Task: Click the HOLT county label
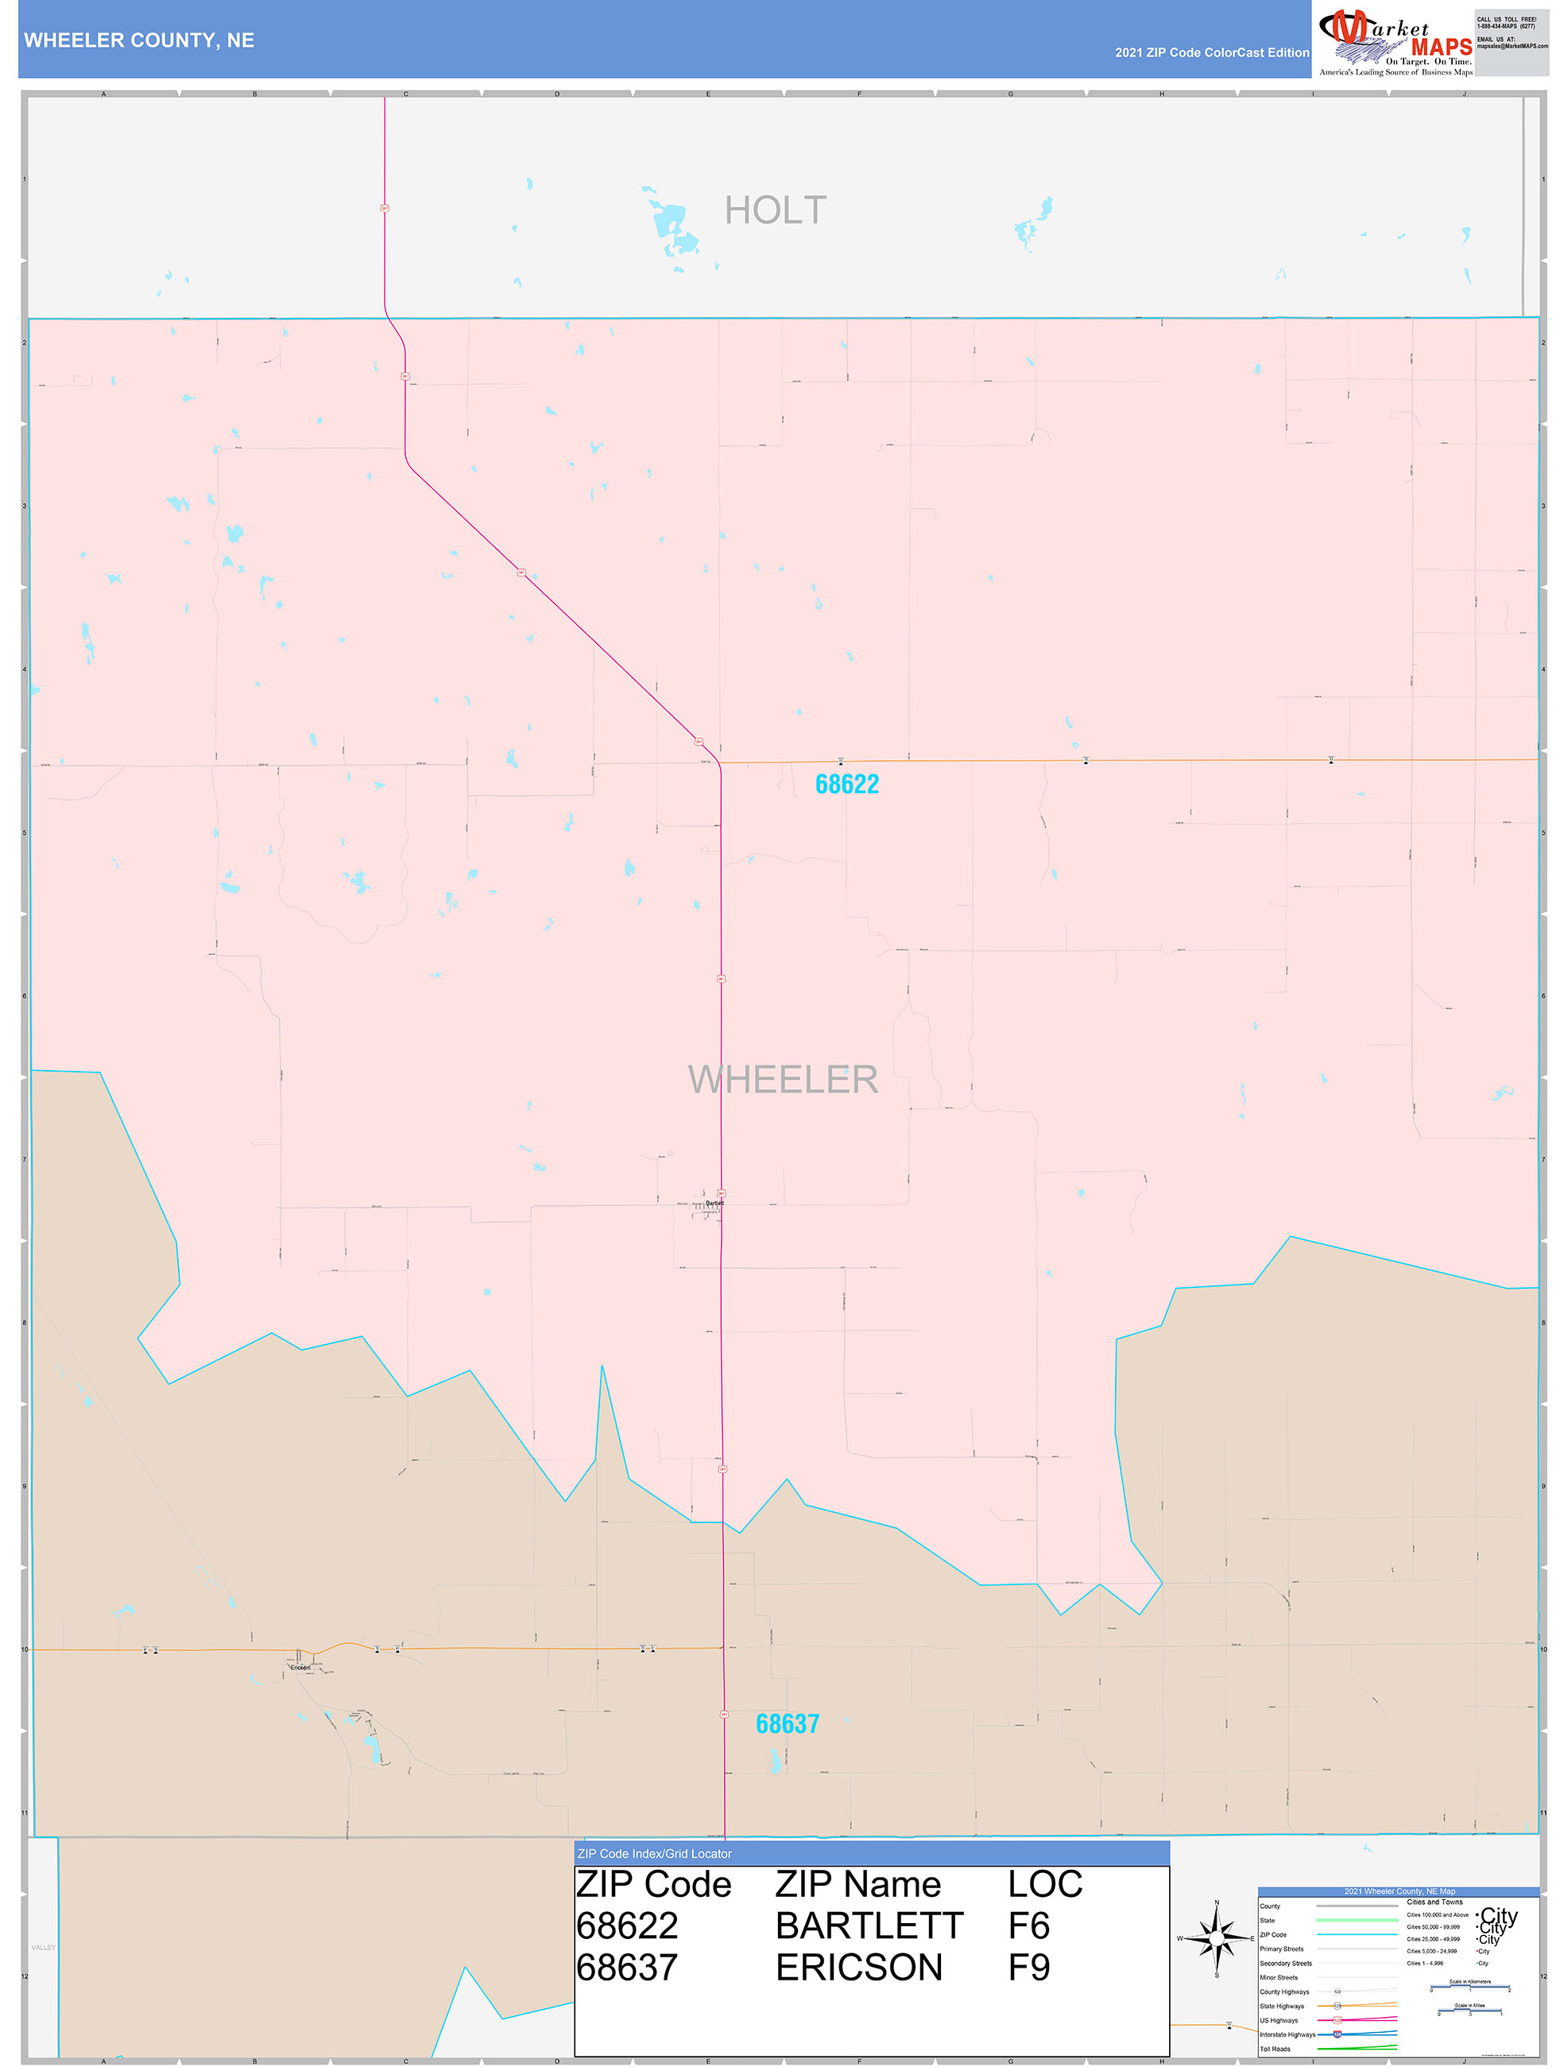tap(776, 210)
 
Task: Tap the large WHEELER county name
tap(783, 1080)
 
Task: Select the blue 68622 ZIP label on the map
tap(846, 784)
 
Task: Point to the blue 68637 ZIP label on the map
tap(787, 1724)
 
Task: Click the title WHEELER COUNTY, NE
tap(139, 41)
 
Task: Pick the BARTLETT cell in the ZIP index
tap(869, 1927)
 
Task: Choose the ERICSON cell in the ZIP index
tap(858, 1968)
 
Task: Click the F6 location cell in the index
tap(1028, 1927)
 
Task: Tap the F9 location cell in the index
tap(1028, 1968)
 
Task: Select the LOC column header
tap(1044, 1885)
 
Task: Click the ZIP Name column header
tap(857, 1885)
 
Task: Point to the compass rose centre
tap(1216, 1940)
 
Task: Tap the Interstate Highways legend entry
tap(1287, 2034)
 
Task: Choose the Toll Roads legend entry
tap(1275, 2050)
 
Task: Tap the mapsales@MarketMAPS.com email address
tap(1512, 46)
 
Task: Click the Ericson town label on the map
tap(300, 1667)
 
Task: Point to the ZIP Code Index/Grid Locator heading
tap(654, 1854)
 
